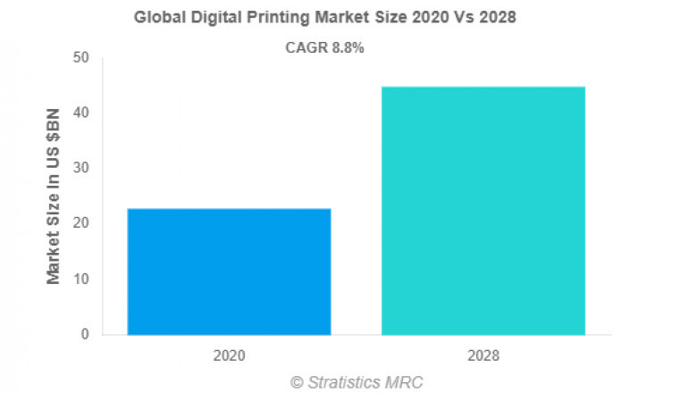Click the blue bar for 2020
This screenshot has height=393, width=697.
[x=229, y=272]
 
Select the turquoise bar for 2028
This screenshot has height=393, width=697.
[x=483, y=210]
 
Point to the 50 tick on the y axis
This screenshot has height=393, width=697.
[x=81, y=58]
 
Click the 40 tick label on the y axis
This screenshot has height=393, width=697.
[x=81, y=113]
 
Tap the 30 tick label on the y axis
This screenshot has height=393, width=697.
[x=81, y=169]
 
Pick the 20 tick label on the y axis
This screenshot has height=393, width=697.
[x=81, y=224]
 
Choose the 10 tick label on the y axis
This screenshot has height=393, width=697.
[x=81, y=280]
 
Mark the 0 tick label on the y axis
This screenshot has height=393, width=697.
[x=85, y=335]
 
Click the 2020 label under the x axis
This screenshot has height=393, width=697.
[x=230, y=355]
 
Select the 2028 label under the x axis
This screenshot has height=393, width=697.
[x=483, y=355]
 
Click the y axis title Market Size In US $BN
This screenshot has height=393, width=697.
[x=54, y=196]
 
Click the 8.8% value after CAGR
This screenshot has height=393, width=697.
[x=346, y=48]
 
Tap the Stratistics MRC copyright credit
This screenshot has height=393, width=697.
[x=357, y=381]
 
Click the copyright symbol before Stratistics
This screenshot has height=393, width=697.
[x=297, y=382]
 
